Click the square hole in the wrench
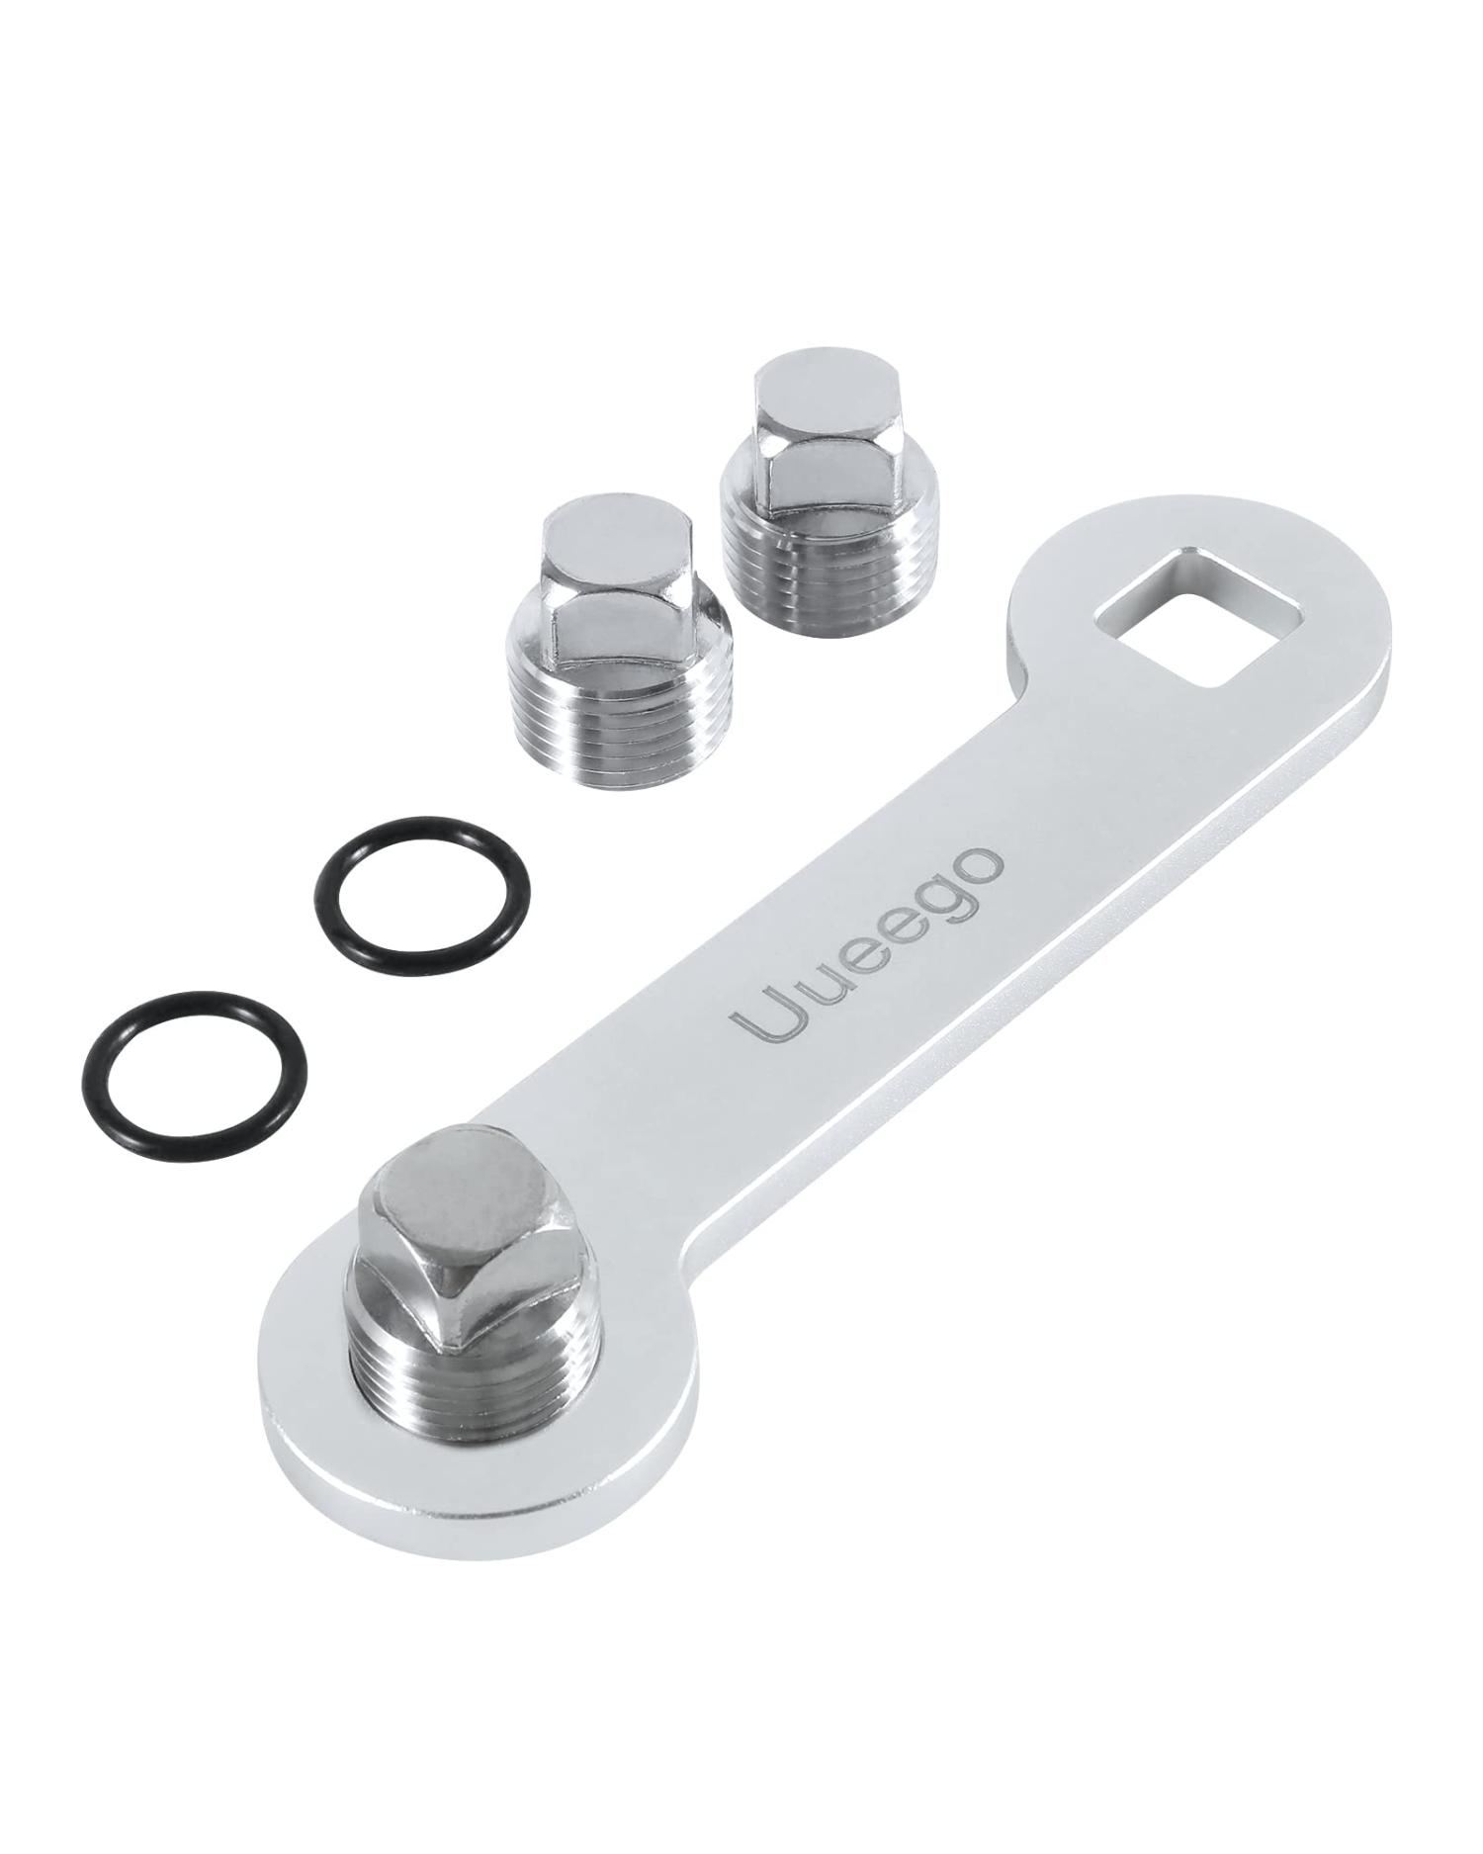(1197, 619)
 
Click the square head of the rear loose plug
(800, 420)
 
